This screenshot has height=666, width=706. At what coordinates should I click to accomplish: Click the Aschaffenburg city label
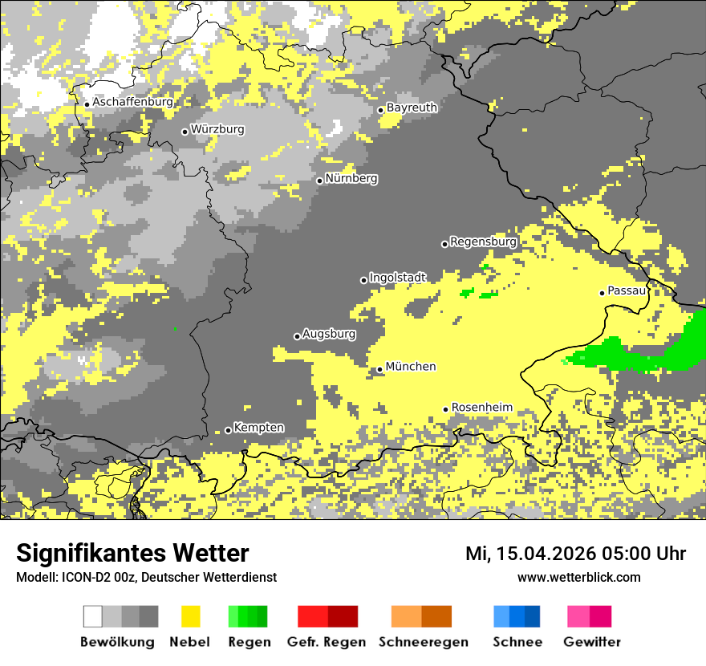(x=132, y=103)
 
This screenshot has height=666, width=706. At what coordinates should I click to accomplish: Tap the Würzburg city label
(x=217, y=129)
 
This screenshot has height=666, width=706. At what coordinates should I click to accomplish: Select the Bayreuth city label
(x=412, y=108)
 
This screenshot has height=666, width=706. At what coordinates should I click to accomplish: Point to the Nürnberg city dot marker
(x=319, y=181)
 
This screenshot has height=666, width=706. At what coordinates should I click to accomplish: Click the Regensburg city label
(x=483, y=242)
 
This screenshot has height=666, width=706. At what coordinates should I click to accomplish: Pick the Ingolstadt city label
(x=397, y=278)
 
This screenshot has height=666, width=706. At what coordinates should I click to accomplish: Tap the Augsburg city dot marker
(x=297, y=336)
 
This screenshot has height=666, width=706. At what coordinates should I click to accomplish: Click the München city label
(x=411, y=367)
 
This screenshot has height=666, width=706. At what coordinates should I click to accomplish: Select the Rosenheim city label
(x=482, y=408)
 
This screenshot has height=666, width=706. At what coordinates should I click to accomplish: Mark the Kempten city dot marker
(x=228, y=430)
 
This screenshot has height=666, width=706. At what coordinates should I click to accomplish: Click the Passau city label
(x=627, y=290)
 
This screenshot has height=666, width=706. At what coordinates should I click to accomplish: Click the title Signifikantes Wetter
(x=132, y=553)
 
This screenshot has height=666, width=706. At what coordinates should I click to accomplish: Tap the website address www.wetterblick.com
(x=578, y=577)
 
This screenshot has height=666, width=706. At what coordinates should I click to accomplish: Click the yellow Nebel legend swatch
(x=190, y=616)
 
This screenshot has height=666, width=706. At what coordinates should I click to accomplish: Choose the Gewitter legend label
(x=591, y=642)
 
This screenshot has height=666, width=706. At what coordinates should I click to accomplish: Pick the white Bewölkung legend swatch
(x=93, y=616)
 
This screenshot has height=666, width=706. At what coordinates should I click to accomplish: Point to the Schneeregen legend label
(x=423, y=642)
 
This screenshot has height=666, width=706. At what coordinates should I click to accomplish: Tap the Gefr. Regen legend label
(x=327, y=642)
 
